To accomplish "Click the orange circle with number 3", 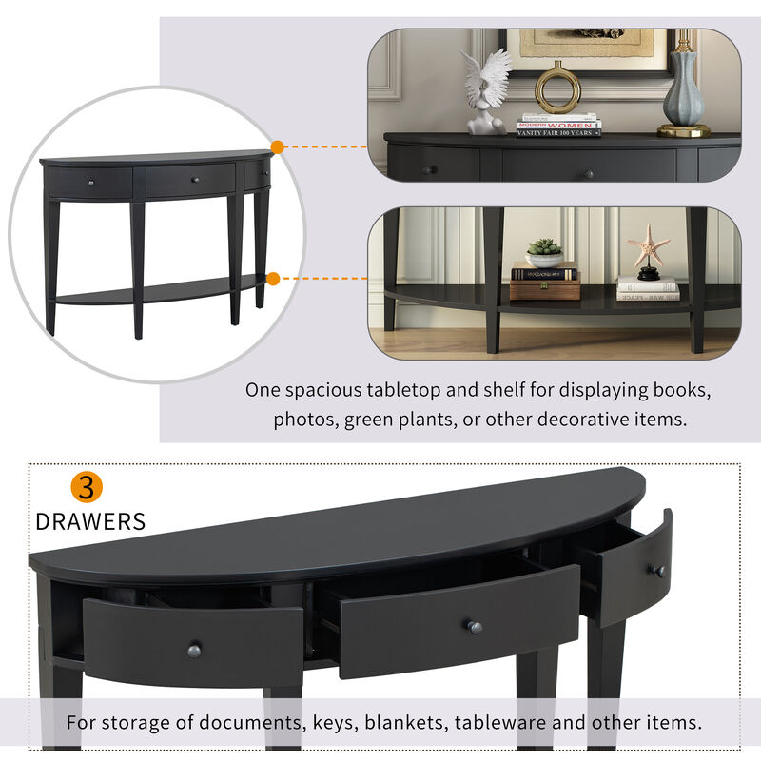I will coord(87,487).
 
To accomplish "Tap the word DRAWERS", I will coord(90,521).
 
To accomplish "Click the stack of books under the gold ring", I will coord(558,127).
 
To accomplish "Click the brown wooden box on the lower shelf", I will coord(544,289).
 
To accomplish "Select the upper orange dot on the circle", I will coord(278,147).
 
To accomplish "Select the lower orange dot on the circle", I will coord(273,279).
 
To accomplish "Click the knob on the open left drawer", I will coord(194,650).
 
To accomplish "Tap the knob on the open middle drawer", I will coord(474,627).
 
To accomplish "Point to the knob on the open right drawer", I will coord(656,571).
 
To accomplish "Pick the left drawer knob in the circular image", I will coord(90,181).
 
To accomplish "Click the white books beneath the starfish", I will coord(648,288).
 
